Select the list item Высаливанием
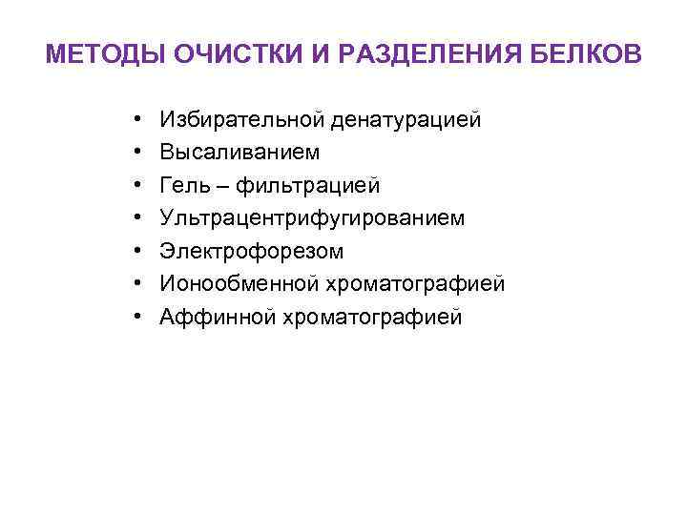240,153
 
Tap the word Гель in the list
184,185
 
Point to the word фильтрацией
299,185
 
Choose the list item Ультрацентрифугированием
313,218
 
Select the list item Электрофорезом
252,252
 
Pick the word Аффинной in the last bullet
217,318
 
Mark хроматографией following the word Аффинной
371,318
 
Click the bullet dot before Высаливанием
138,153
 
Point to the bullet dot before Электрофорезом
138,252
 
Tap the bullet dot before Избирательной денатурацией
138,119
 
